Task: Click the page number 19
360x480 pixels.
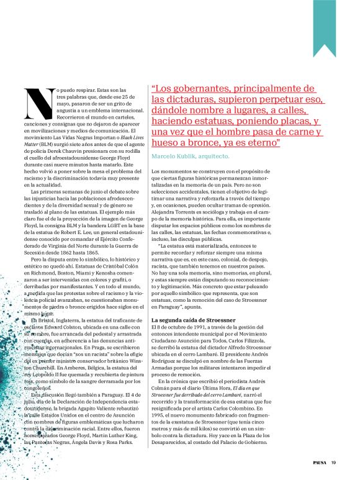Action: click(333, 461)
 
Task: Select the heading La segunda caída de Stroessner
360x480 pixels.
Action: click(190, 319)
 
